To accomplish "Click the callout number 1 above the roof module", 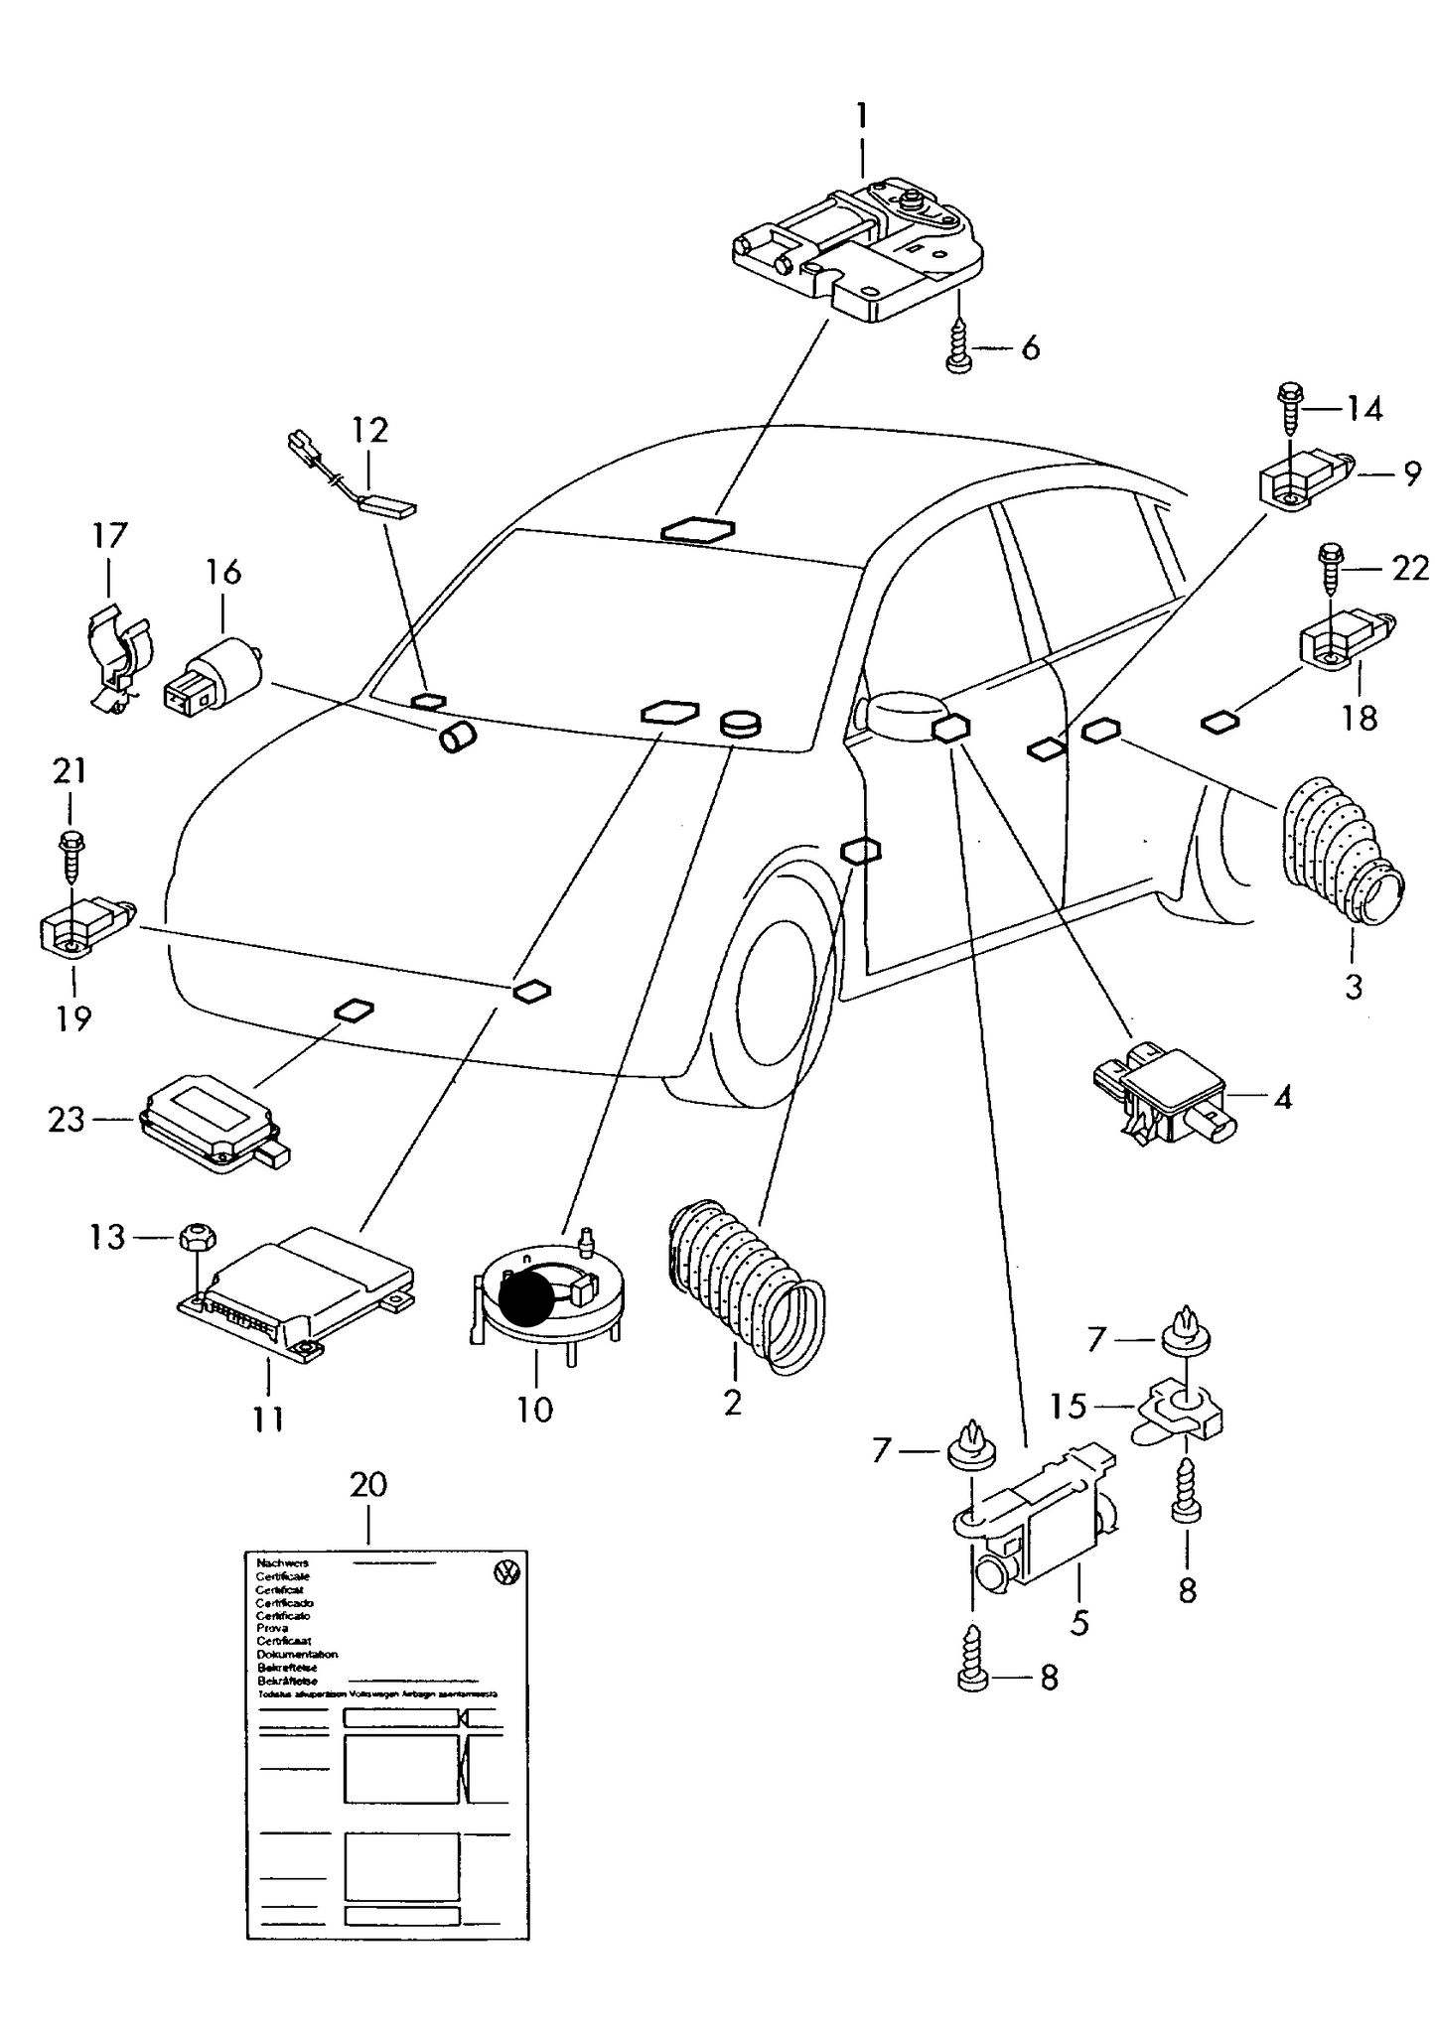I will (x=862, y=117).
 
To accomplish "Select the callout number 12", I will (x=368, y=431).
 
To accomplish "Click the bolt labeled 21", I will (x=72, y=854).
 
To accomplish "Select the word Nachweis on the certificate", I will (x=282, y=1562).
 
